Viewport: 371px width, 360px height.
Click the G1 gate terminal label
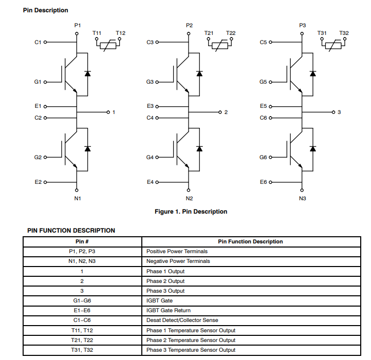click(38, 82)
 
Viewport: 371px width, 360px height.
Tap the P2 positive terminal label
click(189, 25)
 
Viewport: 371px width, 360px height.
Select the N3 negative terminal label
click(302, 198)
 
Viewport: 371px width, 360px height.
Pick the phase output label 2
click(226, 112)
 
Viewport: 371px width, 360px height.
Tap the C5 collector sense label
click(263, 42)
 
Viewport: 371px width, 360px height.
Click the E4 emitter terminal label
click(150, 182)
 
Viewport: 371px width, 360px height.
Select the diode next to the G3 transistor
click(199, 73)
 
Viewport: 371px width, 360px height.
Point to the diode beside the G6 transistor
click(312, 148)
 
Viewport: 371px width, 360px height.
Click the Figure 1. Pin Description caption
click(191, 212)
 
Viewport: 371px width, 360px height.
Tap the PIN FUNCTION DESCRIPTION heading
click(71, 231)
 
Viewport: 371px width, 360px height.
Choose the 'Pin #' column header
click(82, 241)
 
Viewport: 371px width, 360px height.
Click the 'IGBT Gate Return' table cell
click(169, 310)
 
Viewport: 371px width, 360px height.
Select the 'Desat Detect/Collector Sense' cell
click(182, 320)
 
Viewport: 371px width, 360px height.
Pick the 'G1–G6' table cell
click(82, 300)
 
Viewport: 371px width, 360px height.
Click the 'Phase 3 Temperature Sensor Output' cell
click(191, 350)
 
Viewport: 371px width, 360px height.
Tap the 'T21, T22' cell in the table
click(82, 340)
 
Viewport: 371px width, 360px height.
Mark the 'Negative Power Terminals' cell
click(178, 261)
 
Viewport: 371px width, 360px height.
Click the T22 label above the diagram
click(231, 33)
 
